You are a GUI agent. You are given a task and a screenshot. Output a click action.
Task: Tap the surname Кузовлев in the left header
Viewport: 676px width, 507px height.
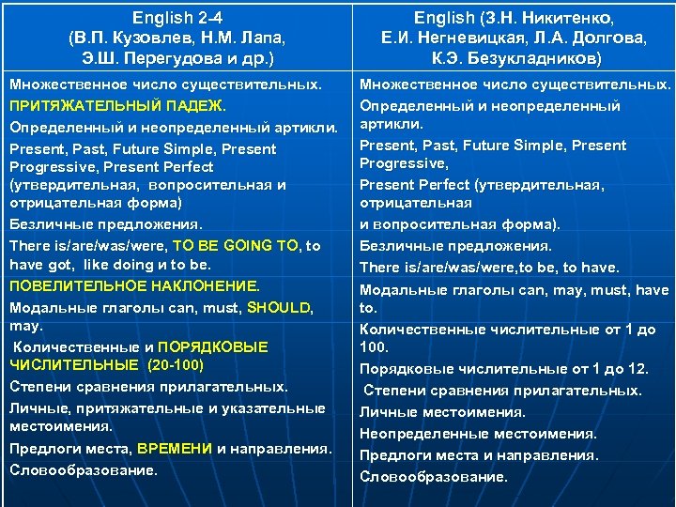(145, 38)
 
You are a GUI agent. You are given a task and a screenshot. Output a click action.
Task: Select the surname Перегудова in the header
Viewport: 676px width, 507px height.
(177, 58)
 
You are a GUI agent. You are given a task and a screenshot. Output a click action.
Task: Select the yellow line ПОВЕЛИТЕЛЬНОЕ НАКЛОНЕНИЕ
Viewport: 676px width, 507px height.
(134, 285)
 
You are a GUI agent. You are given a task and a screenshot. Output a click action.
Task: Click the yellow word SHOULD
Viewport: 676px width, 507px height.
(279, 307)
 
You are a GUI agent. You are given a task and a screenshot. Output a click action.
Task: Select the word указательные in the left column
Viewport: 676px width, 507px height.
(276, 407)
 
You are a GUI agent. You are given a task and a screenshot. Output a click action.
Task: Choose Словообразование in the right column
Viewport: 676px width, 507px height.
(433, 476)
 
